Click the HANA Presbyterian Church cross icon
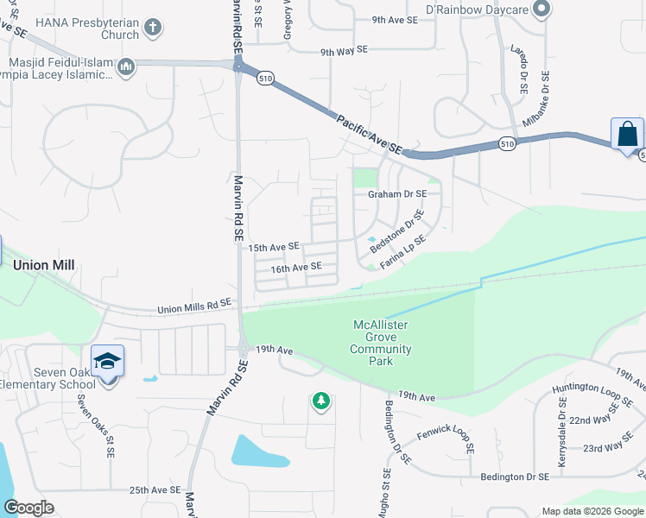[x=152, y=28]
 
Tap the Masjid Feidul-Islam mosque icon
[x=126, y=66]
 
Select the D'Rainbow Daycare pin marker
[x=541, y=9]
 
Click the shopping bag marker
[x=627, y=136]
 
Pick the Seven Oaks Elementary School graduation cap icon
[x=108, y=361]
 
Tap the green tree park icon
[x=320, y=401]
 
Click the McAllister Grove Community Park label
[x=380, y=343]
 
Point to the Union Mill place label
[x=44, y=265]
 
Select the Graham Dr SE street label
[x=398, y=194]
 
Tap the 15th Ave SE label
[x=274, y=248]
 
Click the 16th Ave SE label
[x=296, y=268]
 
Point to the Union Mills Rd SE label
[x=194, y=306]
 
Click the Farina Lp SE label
[x=403, y=251]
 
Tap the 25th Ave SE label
[x=155, y=490]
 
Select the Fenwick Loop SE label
[x=446, y=442]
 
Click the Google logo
[x=29, y=508]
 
